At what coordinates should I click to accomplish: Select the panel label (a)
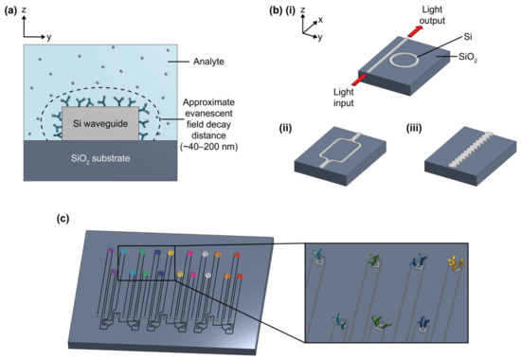pyautogui.click(x=12, y=13)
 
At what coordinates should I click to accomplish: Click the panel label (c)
pyautogui.click(x=63, y=220)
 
